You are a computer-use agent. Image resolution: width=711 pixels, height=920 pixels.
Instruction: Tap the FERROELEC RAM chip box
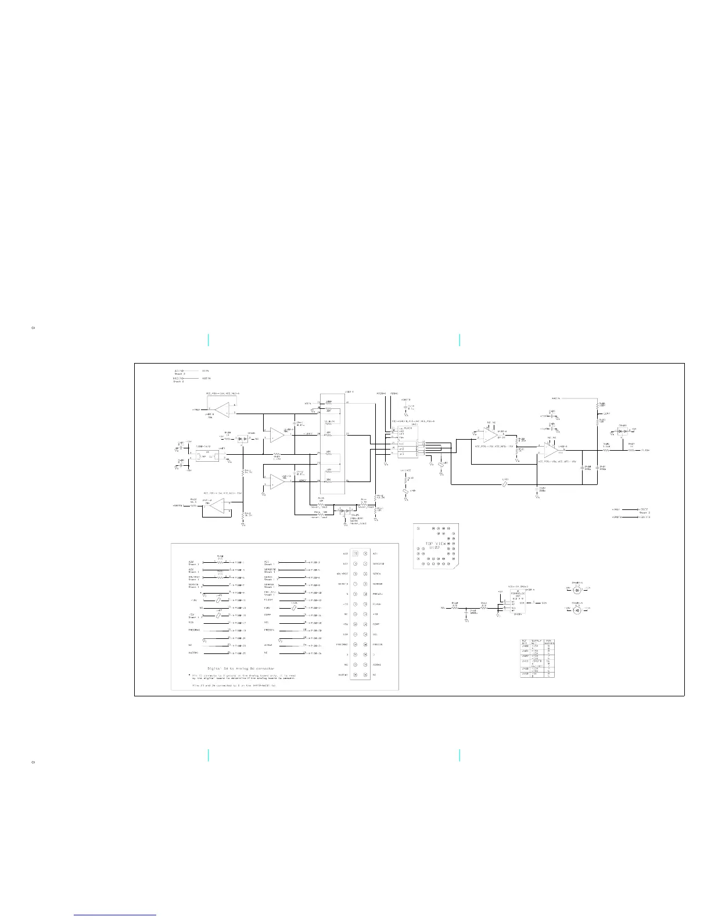click(518, 605)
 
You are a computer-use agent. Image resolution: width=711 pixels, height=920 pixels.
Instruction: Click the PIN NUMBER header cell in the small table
click(550, 642)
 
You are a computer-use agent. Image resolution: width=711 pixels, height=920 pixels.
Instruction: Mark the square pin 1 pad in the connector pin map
click(355, 554)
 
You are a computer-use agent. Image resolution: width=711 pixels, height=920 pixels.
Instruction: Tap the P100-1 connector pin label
click(239, 562)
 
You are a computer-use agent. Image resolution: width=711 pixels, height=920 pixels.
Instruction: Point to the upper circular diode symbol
click(577, 590)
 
